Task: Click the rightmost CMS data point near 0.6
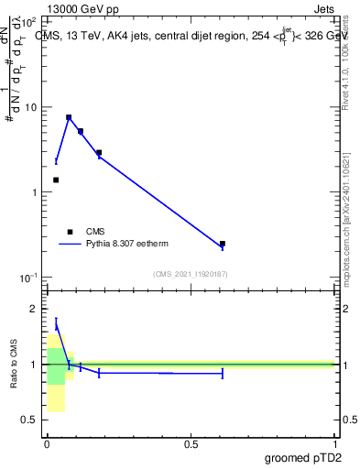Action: (223, 244)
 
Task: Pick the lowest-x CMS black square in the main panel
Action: (56, 180)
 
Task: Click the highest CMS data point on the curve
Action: (69, 117)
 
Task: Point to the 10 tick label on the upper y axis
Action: (30, 107)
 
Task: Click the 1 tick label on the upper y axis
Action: (33, 192)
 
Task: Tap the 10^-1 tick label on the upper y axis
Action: (28, 278)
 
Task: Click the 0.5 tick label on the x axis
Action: (191, 444)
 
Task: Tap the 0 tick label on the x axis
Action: (47, 444)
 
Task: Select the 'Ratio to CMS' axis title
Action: (14, 364)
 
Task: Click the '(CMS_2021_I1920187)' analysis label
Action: (191, 274)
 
